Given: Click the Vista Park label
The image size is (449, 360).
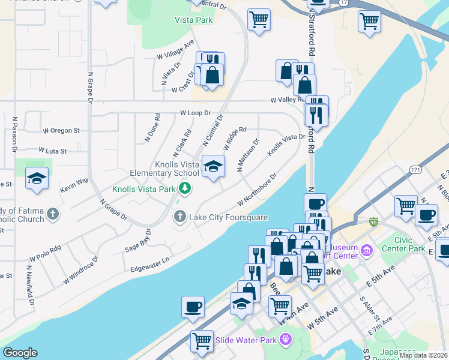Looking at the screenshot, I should (x=194, y=20).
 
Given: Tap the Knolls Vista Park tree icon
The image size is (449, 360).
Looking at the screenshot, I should (x=186, y=189).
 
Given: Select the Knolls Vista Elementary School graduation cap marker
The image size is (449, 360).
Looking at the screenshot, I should (x=213, y=166).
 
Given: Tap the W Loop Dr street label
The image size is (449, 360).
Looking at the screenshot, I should (x=196, y=113).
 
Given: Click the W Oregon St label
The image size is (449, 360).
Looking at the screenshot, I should (x=61, y=130).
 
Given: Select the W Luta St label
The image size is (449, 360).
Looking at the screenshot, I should (x=52, y=151).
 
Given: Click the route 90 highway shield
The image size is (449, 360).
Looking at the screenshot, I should (x=373, y=221).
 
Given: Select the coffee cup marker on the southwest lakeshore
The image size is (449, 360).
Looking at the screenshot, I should (x=193, y=307).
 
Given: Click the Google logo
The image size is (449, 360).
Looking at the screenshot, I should (x=20, y=353).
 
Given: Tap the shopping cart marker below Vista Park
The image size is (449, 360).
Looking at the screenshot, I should (x=259, y=20).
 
